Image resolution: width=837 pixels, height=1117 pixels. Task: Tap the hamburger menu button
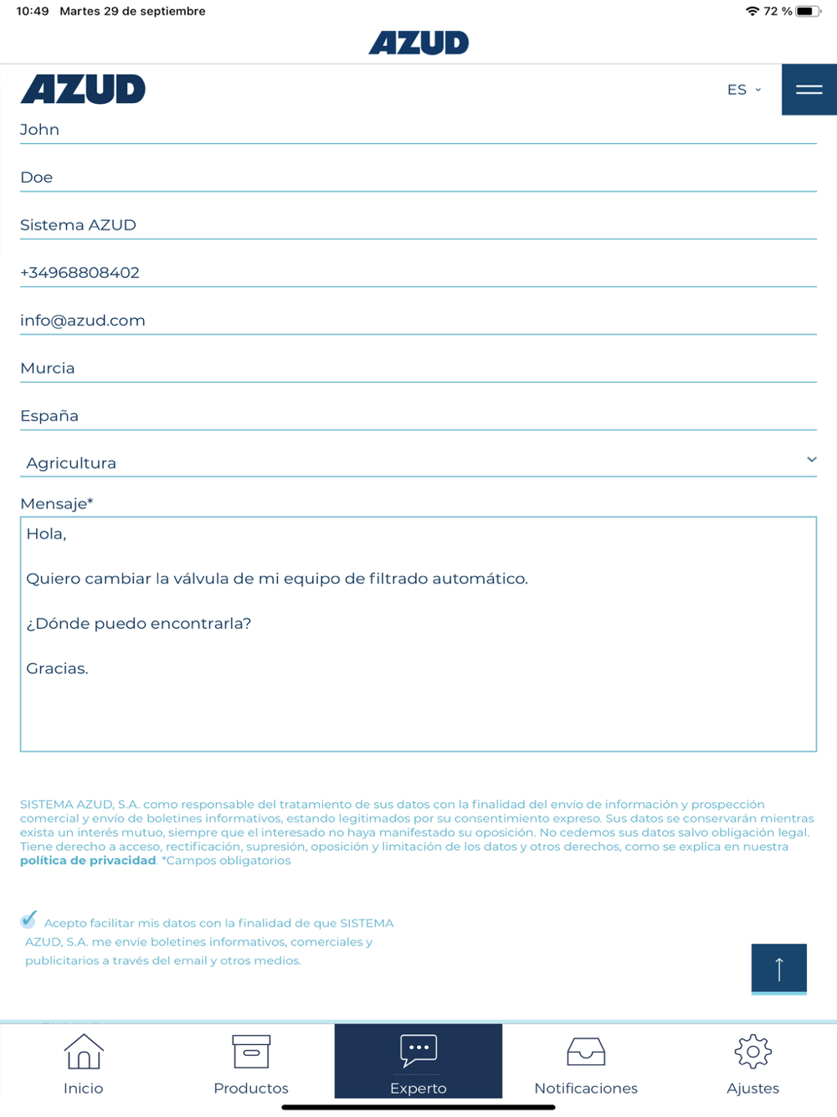tap(809, 90)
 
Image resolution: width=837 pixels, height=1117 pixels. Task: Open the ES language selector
tap(743, 90)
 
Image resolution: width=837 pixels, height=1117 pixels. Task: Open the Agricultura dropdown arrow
tap(811, 460)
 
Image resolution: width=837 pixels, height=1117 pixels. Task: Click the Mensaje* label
tap(56, 503)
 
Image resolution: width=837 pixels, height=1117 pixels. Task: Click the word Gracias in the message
tap(57, 668)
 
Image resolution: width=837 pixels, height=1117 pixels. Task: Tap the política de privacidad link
tap(88, 861)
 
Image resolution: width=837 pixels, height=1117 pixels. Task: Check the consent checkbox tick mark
tap(29, 919)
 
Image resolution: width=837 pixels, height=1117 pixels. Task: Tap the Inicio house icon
tap(84, 1052)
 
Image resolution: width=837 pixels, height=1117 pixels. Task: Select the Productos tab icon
tap(251, 1052)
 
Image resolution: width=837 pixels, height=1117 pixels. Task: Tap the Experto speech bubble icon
tap(418, 1050)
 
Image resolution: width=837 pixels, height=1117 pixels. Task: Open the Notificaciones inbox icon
tap(586, 1052)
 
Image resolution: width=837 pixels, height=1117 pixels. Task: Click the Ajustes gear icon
tap(752, 1052)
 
